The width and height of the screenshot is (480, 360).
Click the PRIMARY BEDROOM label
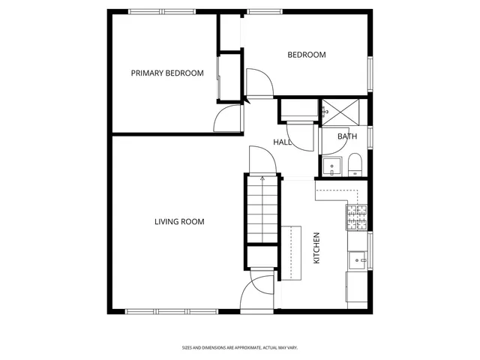click(x=167, y=73)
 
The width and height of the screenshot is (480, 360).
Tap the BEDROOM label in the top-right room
click(x=307, y=55)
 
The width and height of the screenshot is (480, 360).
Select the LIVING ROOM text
click(x=179, y=221)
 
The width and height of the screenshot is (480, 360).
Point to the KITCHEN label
click(x=316, y=247)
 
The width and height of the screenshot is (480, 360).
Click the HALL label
click(x=282, y=142)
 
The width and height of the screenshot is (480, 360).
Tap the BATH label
click(x=346, y=136)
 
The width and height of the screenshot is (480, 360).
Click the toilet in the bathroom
click(x=355, y=165)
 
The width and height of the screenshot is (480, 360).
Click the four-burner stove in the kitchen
click(x=356, y=217)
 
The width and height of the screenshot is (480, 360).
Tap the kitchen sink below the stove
click(x=358, y=259)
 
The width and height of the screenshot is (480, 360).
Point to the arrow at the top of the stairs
click(x=262, y=178)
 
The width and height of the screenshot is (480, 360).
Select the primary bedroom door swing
click(x=227, y=118)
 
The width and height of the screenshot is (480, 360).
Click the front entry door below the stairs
click(x=263, y=292)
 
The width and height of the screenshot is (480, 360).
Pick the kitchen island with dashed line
click(x=292, y=253)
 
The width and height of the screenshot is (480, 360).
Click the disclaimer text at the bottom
click(x=240, y=347)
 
